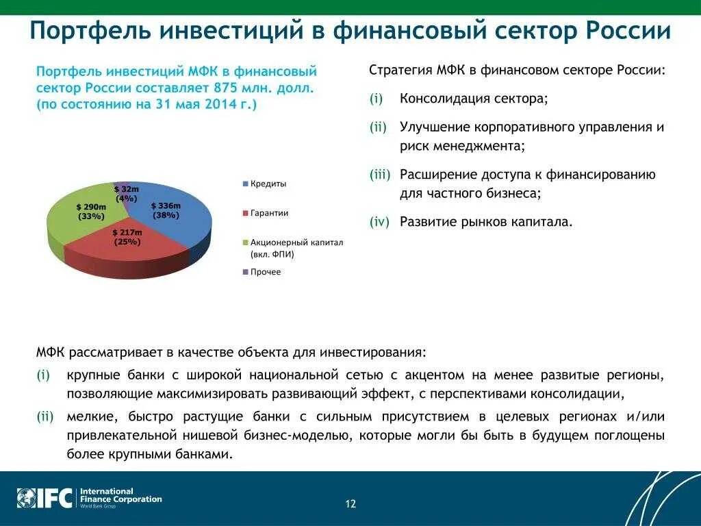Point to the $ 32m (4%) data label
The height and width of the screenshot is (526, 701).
point(126,193)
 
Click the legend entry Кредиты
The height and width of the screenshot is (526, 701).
point(268,184)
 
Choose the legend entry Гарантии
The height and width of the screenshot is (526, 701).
point(269,213)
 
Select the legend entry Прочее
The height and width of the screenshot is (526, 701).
point(265,272)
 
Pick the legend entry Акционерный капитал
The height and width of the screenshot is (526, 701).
point(296,242)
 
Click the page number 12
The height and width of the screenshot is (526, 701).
point(350,504)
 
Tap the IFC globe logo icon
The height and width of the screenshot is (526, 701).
point(26,497)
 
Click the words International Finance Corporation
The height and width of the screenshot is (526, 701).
point(120,495)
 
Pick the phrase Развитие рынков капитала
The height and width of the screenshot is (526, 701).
point(485,221)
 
